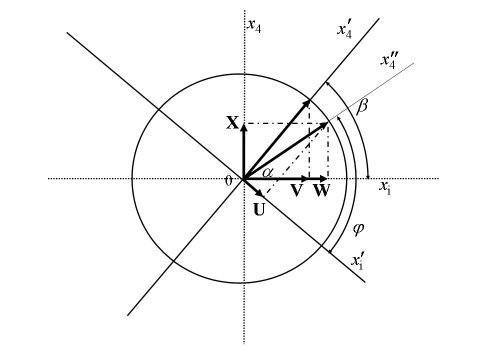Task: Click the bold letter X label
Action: pos(233,122)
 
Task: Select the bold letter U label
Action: pos(259,210)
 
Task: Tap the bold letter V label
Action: pos(297,191)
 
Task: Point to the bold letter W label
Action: pos(322,191)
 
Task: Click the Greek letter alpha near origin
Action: pos(268,172)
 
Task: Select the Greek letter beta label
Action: pos(362,107)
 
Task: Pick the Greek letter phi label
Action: pos(358,229)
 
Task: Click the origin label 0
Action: pos(228,181)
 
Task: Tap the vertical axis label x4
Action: pos(254,26)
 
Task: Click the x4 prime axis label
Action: pos(344,31)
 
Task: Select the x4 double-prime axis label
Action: pos(388,62)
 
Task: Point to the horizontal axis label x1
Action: pos(385,188)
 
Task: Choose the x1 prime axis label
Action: pos(357,261)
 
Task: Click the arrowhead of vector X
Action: pos(244,125)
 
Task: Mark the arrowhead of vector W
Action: pos(325,179)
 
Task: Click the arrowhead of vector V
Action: pos(306,179)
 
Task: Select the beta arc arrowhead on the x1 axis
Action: pos(368,177)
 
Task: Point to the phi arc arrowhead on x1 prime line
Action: pos(329,252)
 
